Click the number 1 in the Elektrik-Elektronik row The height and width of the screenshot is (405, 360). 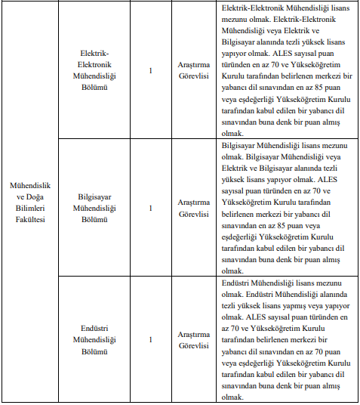151,71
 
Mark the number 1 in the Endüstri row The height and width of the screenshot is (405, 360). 151,340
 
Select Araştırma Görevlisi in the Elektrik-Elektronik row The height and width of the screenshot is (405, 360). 192,71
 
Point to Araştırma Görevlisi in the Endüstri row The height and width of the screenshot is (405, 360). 192,339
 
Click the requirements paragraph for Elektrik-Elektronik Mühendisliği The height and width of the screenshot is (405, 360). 283,70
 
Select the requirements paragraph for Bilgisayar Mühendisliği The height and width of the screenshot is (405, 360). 283,206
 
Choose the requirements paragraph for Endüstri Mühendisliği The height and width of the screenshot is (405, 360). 283,339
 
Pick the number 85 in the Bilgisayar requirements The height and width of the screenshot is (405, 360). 294,224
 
